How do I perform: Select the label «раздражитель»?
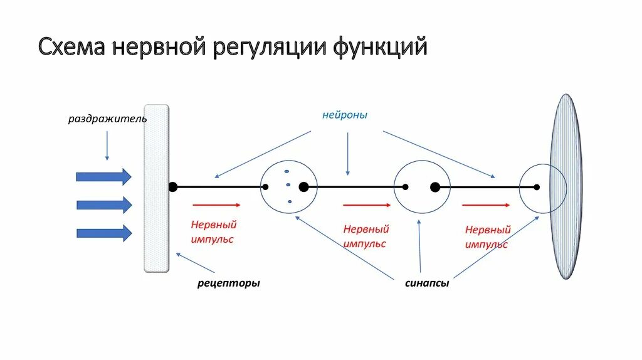click(107, 119)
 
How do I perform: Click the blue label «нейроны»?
click(345, 115)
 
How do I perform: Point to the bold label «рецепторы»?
click(228, 283)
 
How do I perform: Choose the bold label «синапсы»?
click(426, 283)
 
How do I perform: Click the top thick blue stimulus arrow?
click(103, 177)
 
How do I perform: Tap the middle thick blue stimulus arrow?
click(103, 205)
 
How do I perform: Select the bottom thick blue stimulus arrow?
click(103, 233)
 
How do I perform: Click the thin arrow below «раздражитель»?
click(107, 145)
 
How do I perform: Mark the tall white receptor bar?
click(156, 188)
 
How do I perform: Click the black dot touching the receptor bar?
click(172, 187)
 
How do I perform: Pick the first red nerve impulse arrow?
click(216, 204)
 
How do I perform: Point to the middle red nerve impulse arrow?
click(367, 204)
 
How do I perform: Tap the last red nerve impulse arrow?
click(487, 204)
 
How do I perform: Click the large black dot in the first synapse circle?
click(303, 187)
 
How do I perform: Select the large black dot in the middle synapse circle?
click(435, 187)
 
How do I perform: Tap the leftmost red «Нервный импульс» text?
click(213, 232)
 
